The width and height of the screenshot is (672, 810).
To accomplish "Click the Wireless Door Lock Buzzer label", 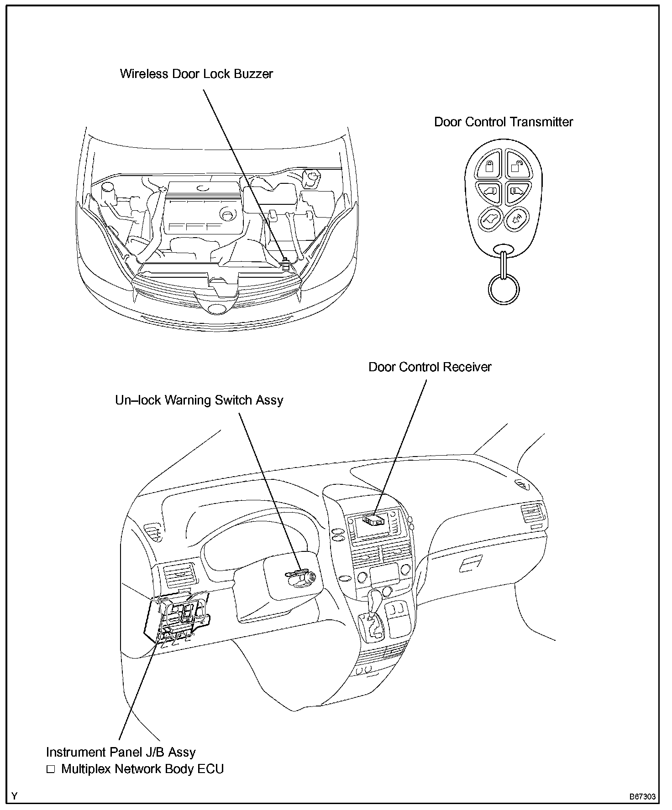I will tap(196, 74).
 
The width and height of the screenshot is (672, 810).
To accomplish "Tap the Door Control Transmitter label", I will tap(503, 122).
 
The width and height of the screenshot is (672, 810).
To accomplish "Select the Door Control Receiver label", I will tap(430, 367).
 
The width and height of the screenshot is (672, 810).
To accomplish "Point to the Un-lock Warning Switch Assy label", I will tap(199, 400).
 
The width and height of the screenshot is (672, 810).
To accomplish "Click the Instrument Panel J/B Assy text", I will tap(121, 752).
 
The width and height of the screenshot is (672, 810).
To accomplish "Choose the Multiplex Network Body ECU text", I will tap(142, 769).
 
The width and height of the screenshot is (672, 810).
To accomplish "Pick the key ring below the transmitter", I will tap(504, 289).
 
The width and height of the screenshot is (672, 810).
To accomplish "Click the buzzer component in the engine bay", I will tap(286, 264).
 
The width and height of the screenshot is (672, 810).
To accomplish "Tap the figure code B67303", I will tap(642, 797).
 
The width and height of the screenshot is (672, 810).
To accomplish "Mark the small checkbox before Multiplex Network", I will tap(51, 770).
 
